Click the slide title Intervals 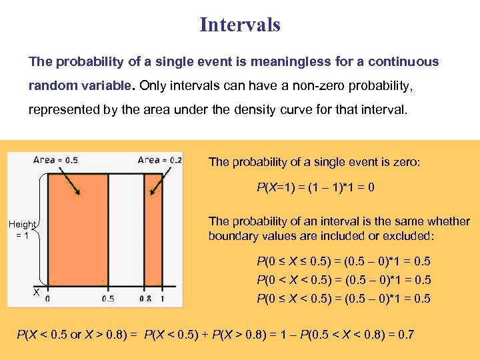[x=240, y=25]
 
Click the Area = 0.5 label [x=56, y=160]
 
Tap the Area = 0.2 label [x=159, y=160]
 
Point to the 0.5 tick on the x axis [x=107, y=299]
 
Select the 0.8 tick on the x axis [x=145, y=299]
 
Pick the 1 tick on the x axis [x=162, y=299]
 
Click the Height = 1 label [x=22, y=229]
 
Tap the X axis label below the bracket [x=37, y=293]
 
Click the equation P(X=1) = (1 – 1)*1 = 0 [x=315, y=188]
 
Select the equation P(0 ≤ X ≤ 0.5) [x=343, y=261]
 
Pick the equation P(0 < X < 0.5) [x=343, y=280]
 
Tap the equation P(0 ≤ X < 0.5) [x=343, y=299]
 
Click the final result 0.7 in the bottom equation [x=405, y=333]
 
